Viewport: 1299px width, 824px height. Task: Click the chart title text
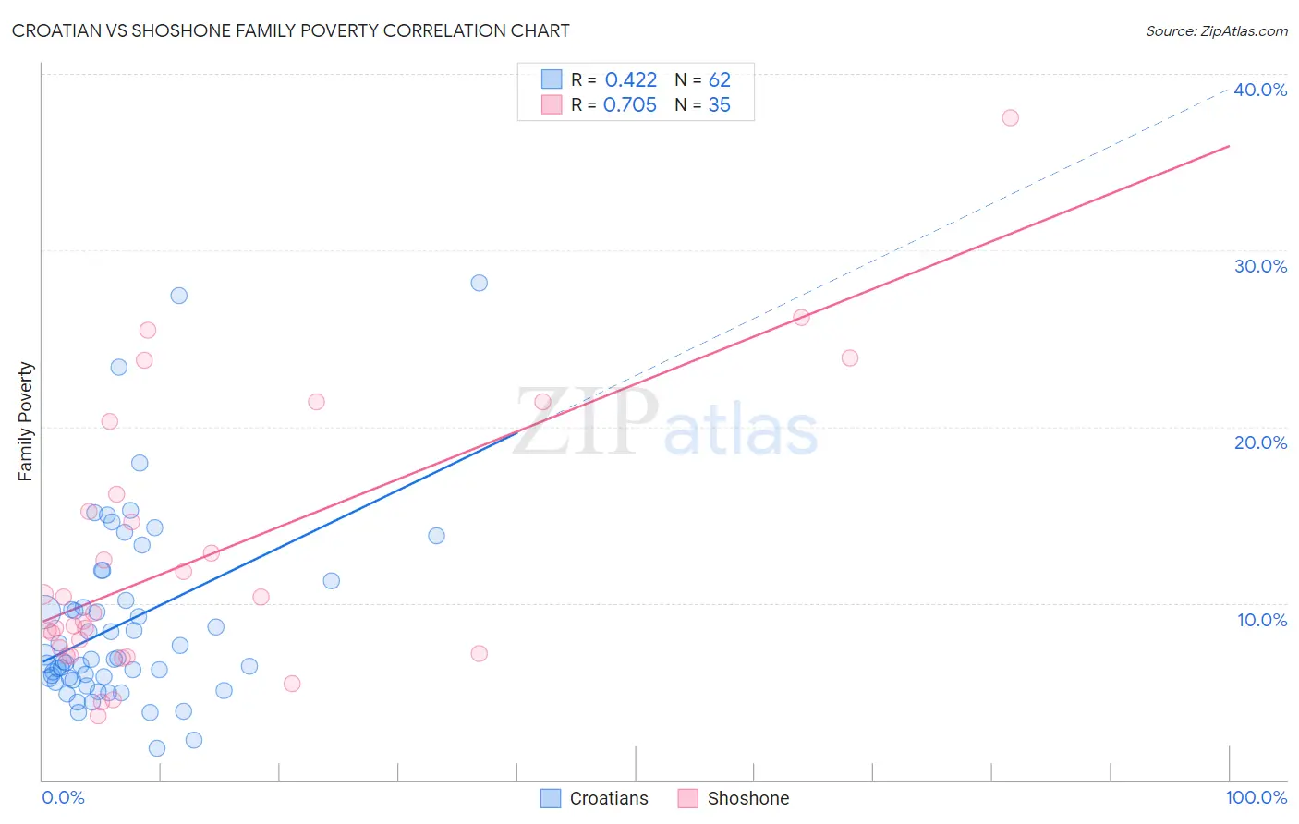click(x=290, y=30)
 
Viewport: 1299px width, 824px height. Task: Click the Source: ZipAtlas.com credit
click(x=1216, y=30)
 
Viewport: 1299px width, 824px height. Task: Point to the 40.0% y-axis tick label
click(x=1260, y=90)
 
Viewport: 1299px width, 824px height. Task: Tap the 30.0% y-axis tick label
click(x=1260, y=266)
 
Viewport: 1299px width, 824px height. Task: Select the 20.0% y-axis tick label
click(x=1260, y=442)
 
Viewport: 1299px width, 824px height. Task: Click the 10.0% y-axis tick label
click(x=1262, y=620)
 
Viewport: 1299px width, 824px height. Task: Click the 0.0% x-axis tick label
click(x=63, y=797)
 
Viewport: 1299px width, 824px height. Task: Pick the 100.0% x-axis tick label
click(x=1256, y=797)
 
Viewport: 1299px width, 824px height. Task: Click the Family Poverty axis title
click(x=26, y=421)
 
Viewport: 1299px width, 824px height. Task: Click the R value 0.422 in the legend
click(x=631, y=80)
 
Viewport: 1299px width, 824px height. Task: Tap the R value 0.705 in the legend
click(x=630, y=105)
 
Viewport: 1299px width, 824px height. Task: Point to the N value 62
click(x=720, y=80)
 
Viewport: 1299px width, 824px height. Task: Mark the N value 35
click(x=720, y=105)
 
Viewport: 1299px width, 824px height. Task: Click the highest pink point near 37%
click(x=1010, y=117)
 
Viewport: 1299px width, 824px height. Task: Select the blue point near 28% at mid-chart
click(x=479, y=283)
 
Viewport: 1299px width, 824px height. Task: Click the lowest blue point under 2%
click(x=157, y=748)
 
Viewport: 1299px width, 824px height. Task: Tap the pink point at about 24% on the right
click(x=850, y=357)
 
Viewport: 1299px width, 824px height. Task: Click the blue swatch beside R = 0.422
click(x=552, y=79)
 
